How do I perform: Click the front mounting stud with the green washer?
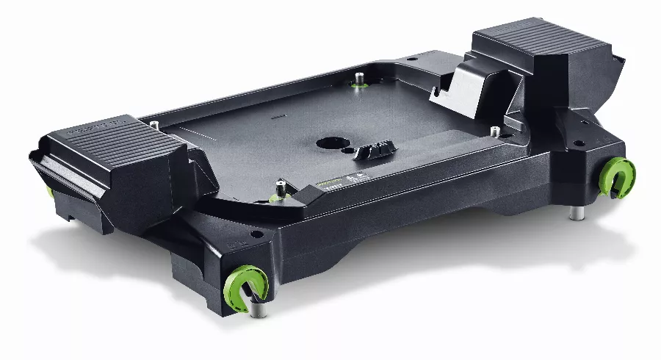pos(279,188)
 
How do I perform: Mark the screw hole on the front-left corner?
pos(256,236)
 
